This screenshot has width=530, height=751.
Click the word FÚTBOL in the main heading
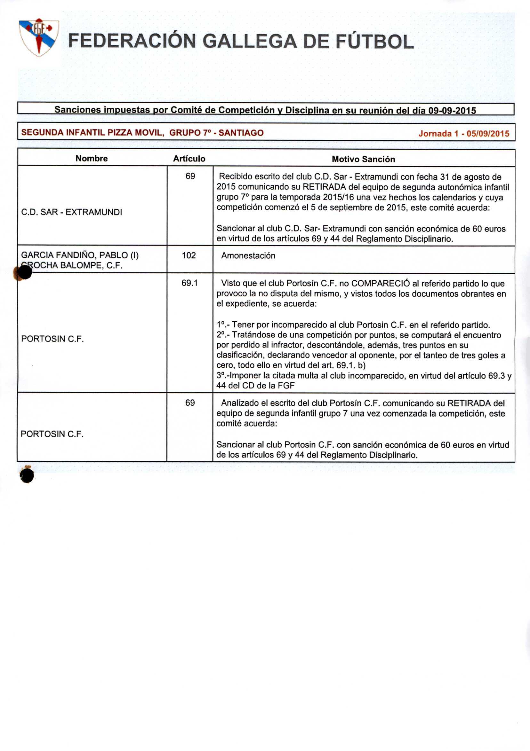[x=375, y=42]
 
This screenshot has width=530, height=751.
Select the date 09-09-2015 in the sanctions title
[x=452, y=111]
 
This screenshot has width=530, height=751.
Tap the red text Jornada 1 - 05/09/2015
[x=463, y=133]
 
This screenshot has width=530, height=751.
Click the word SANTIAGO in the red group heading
[x=241, y=133]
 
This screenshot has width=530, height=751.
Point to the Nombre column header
[x=91, y=158]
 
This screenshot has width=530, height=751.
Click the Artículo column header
[x=189, y=159]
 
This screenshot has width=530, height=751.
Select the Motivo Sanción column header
[x=363, y=159]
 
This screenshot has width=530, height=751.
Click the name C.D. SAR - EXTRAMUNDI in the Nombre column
[x=71, y=212]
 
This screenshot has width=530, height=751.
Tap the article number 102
[x=189, y=255]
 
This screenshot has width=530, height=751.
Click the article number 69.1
[x=189, y=283]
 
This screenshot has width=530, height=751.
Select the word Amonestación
[x=248, y=256]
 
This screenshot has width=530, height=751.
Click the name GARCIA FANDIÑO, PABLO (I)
[x=80, y=255]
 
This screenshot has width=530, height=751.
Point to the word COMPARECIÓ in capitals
[x=380, y=283]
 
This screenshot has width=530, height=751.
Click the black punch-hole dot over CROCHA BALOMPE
[x=25, y=272]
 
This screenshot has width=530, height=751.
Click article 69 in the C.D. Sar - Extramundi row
[x=190, y=176]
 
